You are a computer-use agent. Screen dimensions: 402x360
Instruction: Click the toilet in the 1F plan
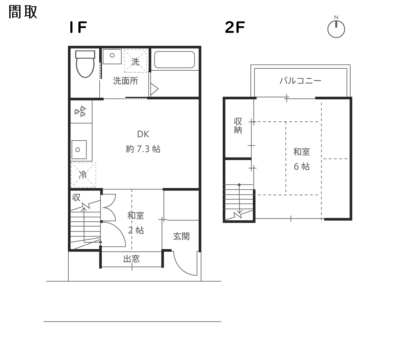pyautogui.click(x=85, y=64)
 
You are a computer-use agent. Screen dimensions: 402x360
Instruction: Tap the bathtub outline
pyautogui.click(x=174, y=60)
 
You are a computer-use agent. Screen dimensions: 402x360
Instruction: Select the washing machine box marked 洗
pyautogui.click(x=135, y=61)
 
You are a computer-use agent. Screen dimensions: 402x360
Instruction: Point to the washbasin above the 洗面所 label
pyautogui.click(x=112, y=57)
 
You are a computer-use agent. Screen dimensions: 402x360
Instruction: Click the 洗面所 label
pyautogui.click(x=125, y=81)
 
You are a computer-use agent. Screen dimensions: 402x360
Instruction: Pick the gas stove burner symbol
pyautogui.click(x=80, y=111)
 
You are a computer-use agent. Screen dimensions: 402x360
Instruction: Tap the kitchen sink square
pyautogui.click(x=79, y=149)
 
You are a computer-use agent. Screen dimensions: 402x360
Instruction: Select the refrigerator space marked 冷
pyautogui.click(x=83, y=174)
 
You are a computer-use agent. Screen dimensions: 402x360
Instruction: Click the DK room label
pyautogui.click(x=143, y=134)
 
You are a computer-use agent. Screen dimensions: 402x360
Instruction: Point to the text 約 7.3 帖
pyautogui.click(x=143, y=149)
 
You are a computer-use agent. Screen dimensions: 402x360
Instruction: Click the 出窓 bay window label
pyautogui.click(x=131, y=259)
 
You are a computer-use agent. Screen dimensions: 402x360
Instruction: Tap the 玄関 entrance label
pyautogui.click(x=181, y=236)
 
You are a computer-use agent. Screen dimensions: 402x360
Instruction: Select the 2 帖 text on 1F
pyautogui.click(x=136, y=230)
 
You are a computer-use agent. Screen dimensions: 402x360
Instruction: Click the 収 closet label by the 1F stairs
pyautogui.click(x=76, y=197)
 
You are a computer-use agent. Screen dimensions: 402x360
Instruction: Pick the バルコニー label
pyautogui.click(x=300, y=81)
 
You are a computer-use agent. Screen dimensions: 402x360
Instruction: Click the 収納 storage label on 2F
pyautogui.click(x=238, y=125)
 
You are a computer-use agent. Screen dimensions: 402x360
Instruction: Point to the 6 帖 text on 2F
pyautogui.click(x=301, y=167)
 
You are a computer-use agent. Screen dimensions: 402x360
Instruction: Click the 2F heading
pyautogui.click(x=235, y=27)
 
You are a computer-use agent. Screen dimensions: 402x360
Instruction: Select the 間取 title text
pyautogui.click(x=23, y=12)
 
